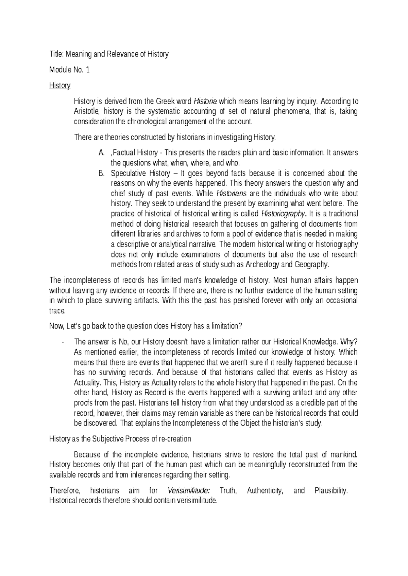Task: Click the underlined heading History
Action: click(60, 86)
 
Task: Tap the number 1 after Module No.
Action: click(88, 70)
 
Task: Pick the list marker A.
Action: click(101, 153)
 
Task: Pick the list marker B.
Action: click(101, 173)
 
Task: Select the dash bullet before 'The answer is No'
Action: click(64, 342)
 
